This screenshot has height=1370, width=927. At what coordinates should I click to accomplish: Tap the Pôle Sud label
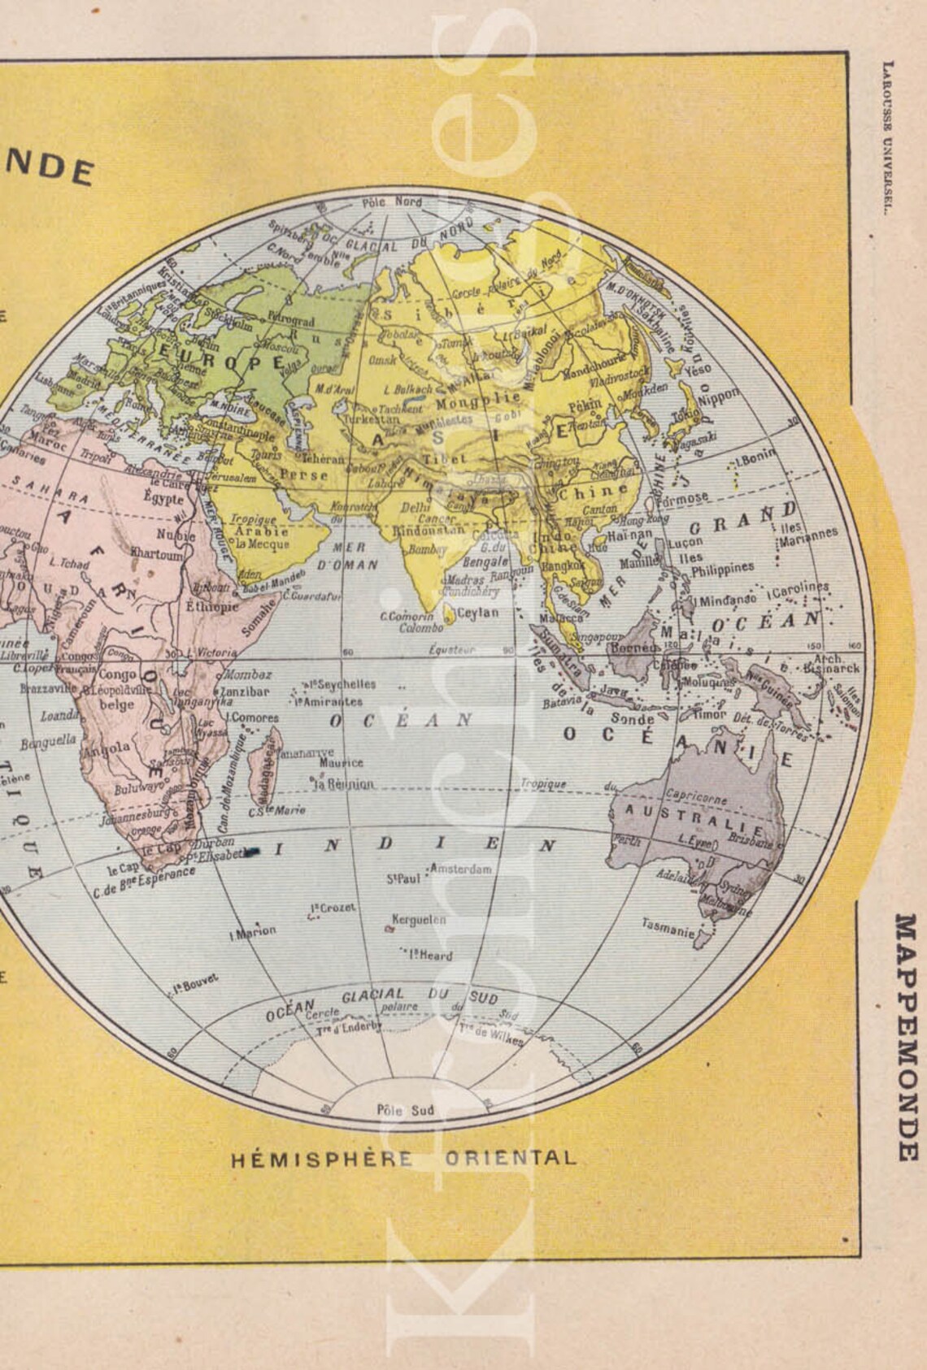406,1110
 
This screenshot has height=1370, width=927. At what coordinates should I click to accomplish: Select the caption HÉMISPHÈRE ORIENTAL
403,1159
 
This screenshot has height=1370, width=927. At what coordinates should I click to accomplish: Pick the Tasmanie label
668,927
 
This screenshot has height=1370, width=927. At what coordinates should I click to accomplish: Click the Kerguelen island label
419,920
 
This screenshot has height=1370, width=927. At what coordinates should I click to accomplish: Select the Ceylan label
477,613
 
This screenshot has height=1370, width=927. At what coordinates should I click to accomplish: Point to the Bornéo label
632,648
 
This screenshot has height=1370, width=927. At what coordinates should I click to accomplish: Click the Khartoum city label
157,554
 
